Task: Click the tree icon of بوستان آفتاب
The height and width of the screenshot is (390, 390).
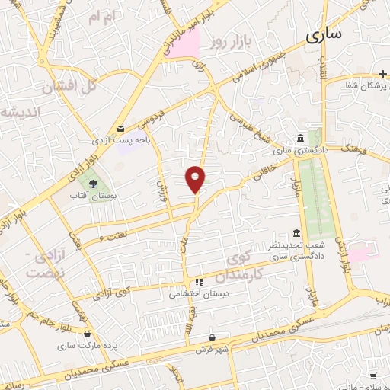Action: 93,184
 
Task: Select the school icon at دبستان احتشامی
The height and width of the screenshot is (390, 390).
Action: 198,281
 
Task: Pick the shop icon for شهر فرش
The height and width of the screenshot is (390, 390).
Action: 212,336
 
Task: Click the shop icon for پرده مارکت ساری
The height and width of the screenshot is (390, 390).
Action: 88,334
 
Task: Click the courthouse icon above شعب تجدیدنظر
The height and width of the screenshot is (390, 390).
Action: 297,234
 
